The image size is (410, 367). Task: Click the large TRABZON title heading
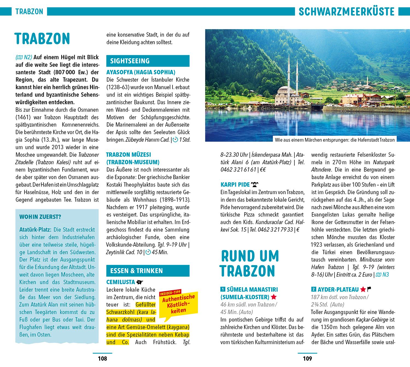[42, 39]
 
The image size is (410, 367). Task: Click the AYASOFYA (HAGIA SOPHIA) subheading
[140, 72]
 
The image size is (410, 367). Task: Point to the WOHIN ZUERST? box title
[40, 217]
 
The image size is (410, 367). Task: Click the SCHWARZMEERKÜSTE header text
[346, 11]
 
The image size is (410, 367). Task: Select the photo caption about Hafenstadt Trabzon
[335, 140]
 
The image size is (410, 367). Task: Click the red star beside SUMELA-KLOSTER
[274, 297]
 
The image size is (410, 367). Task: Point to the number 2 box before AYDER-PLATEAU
[314, 289]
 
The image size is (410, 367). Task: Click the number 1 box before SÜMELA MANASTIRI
[223, 289]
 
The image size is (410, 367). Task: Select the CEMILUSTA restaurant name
[121, 282]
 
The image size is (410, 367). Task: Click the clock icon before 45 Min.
[148, 252]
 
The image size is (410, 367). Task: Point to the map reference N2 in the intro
[26, 57]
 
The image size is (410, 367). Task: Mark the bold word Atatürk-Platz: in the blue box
[35, 230]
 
